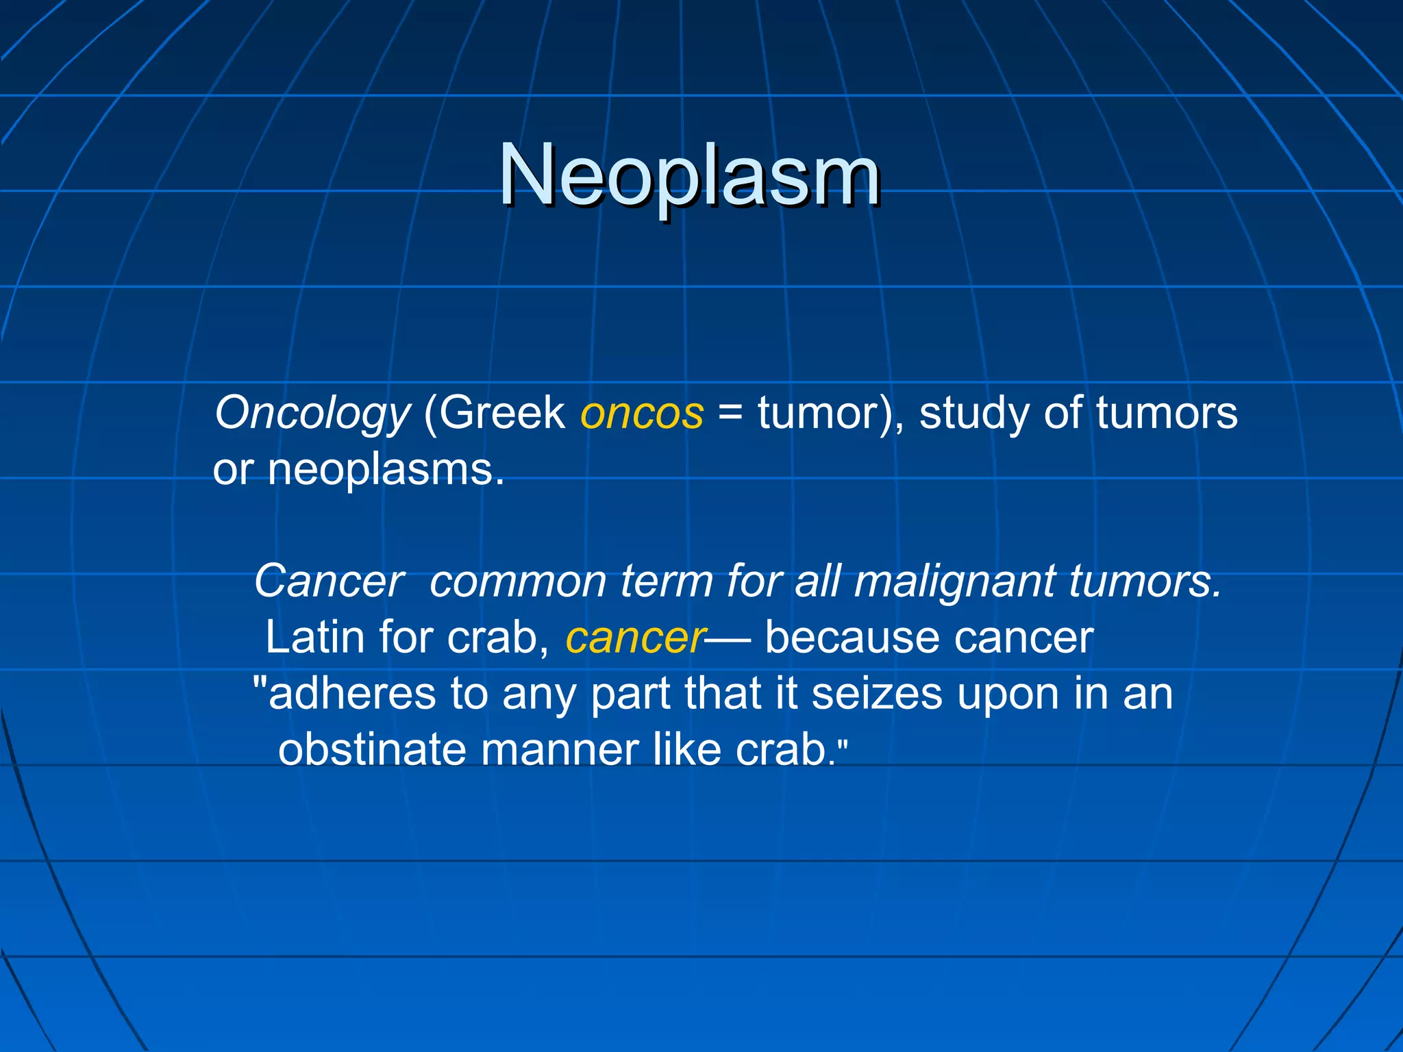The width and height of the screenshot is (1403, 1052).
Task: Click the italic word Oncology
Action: click(312, 414)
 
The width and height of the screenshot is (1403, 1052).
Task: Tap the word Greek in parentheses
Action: click(502, 412)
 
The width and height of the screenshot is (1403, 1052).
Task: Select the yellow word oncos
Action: click(642, 414)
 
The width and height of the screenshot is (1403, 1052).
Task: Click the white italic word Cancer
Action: click(330, 581)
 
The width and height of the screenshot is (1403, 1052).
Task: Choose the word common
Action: click(518, 581)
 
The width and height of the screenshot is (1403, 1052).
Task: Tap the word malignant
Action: click(954, 581)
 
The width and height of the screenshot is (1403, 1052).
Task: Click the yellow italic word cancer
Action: click(635, 638)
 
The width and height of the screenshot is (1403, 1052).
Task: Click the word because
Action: click(852, 638)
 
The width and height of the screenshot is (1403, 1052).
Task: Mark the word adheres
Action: click(352, 694)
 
